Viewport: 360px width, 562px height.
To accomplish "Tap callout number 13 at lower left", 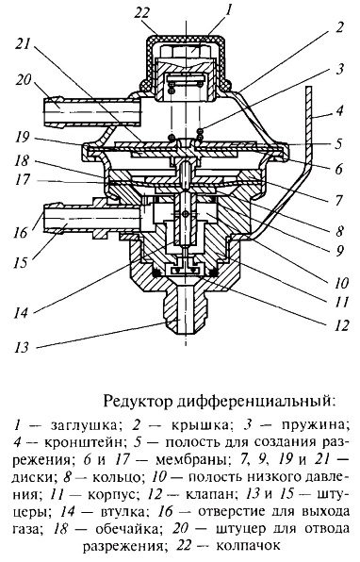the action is tap(23, 347).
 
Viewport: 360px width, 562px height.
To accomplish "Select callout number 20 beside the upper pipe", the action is tap(23, 79).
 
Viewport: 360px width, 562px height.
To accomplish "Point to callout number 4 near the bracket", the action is tap(338, 109).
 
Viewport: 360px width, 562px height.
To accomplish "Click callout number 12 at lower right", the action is tap(340, 325).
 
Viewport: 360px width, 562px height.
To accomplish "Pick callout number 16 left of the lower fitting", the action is tap(21, 233).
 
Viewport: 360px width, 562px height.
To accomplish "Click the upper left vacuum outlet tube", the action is tap(92, 111).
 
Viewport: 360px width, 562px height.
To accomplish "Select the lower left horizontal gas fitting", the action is tap(91, 220).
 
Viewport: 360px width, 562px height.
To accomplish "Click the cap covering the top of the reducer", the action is tap(187, 59).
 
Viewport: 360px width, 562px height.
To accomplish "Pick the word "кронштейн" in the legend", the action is tap(84, 441).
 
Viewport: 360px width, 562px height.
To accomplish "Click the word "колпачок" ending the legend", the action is tap(248, 546).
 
